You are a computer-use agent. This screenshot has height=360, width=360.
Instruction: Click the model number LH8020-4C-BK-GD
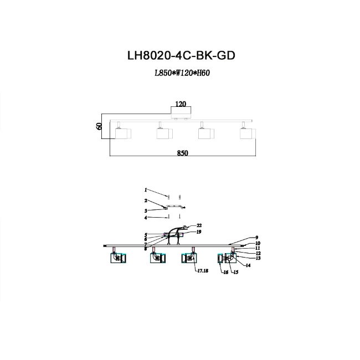tap(181, 55)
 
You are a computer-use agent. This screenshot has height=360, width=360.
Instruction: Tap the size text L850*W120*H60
tap(182, 73)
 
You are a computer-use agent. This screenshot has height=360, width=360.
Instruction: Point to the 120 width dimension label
tap(181, 104)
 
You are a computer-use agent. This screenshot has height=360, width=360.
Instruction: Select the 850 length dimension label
tap(183, 153)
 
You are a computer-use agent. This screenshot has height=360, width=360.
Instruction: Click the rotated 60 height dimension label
tap(99, 126)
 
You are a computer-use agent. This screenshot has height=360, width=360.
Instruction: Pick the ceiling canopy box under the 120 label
tap(181, 113)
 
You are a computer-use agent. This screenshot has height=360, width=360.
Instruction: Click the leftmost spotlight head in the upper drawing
tap(123, 133)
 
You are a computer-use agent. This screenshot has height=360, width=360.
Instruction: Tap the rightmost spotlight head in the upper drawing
tap(248, 133)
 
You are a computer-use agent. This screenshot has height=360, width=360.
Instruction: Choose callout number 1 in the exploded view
tap(146, 190)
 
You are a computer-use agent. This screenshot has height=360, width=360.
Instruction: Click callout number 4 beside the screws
tap(146, 218)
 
